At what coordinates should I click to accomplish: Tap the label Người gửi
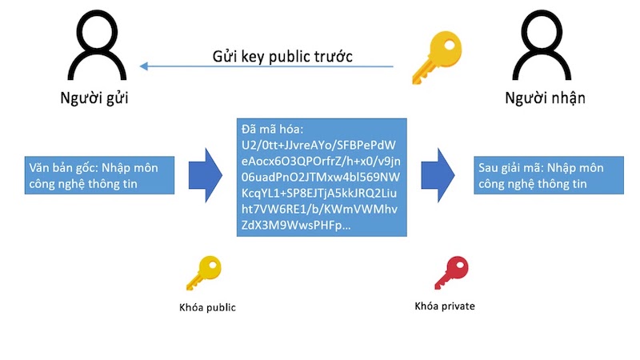pos(94,98)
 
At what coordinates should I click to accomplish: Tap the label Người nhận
pos(545,98)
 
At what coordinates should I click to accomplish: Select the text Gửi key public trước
pos(282,57)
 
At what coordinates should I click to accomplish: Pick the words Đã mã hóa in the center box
pos(270,129)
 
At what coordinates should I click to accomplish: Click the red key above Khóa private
pos(450,273)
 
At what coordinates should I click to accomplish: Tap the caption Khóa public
pos(207,307)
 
